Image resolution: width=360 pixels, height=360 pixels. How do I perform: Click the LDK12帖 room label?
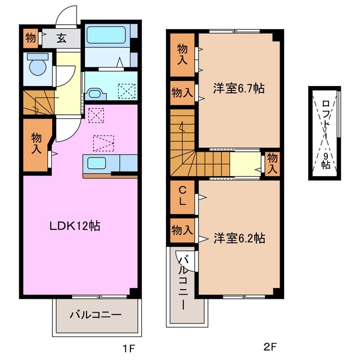[x=75, y=226]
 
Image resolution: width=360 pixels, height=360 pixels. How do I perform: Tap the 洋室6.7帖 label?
[x=238, y=88]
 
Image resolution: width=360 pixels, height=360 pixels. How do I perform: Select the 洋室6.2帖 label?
[x=238, y=238]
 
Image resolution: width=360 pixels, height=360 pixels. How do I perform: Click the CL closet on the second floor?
[x=183, y=195]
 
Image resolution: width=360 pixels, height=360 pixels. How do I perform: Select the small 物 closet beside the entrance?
[x=30, y=39]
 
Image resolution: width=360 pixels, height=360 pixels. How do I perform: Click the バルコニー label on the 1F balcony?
[x=95, y=315]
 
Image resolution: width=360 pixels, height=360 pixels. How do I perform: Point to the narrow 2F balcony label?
[x=183, y=281]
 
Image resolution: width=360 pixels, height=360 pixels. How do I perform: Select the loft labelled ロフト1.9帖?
[x=325, y=133]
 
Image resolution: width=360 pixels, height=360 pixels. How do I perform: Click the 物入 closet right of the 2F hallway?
[x=272, y=163]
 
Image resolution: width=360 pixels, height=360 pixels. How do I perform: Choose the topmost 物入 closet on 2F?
[x=183, y=54]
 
